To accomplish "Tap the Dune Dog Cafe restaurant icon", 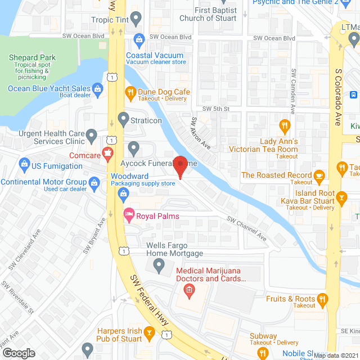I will tap(130, 92).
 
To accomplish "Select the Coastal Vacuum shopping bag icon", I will tap(139, 39).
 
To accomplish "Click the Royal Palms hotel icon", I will tap(128, 214).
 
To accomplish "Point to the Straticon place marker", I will tap(124, 120).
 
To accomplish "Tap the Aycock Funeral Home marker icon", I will tap(133, 148).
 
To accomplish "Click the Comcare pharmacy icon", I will tap(107, 152).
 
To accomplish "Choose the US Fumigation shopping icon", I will tap(24, 166).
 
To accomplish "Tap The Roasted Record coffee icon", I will tap(319, 175).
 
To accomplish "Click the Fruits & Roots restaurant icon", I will tap(322, 299).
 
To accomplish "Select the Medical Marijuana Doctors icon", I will tap(189, 290).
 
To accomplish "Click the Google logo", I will tap(19, 353).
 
